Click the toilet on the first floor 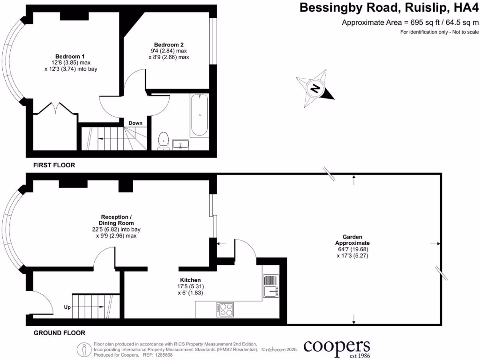pyautogui.click(x=164, y=140)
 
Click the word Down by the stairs pyautogui.click(x=135, y=123)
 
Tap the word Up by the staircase pyautogui.click(x=67, y=308)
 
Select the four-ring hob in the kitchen pyautogui.click(x=225, y=309)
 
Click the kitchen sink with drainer pyautogui.click(x=271, y=286)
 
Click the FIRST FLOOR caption pyautogui.click(x=54, y=165)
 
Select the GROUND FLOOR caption pyautogui.click(x=59, y=333)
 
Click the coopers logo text pyautogui.click(x=337, y=347)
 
